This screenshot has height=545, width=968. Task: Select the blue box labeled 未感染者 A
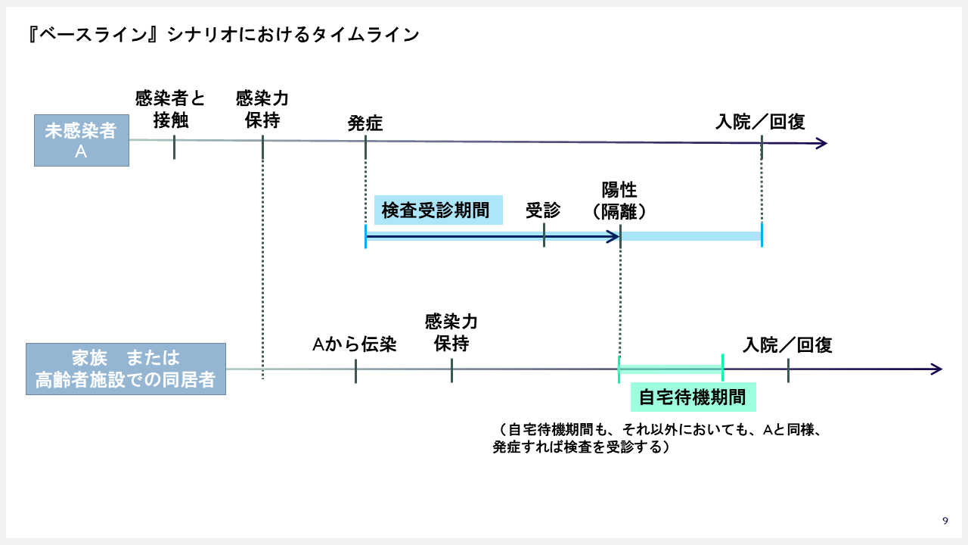pyautogui.click(x=82, y=140)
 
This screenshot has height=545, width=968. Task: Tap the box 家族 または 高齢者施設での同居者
pyautogui.click(x=126, y=369)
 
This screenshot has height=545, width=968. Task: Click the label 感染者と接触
pyautogui.click(x=170, y=109)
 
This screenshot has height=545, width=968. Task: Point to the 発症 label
pyautogui.click(x=365, y=123)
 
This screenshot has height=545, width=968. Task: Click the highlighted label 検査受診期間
pyautogui.click(x=438, y=210)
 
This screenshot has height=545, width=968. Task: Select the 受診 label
pyautogui.click(x=543, y=210)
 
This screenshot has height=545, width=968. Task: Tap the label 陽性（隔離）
pyautogui.click(x=619, y=201)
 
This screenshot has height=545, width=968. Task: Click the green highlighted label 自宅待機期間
pyautogui.click(x=693, y=397)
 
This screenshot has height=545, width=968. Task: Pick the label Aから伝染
pyautogui.click(x=355, y=344)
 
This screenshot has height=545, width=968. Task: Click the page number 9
pyautogui.click(x=945, y=520)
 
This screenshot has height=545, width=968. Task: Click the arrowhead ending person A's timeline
pyautogui.click(x=822, y=143)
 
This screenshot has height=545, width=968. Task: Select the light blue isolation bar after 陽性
pyautogui.click(x=691, y=236)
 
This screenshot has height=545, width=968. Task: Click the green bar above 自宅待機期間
pyautogui.click(x=671, y=369)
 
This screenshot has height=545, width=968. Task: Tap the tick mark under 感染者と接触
pyautogui.click(x=174, y=147)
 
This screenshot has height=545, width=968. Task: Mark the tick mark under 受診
pyautogui.click(x=544, y=235)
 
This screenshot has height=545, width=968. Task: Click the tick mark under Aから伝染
pyautogui.click(x=355, y=371)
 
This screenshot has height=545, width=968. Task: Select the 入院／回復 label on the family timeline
pyautogui.click(x=787, y=345)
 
